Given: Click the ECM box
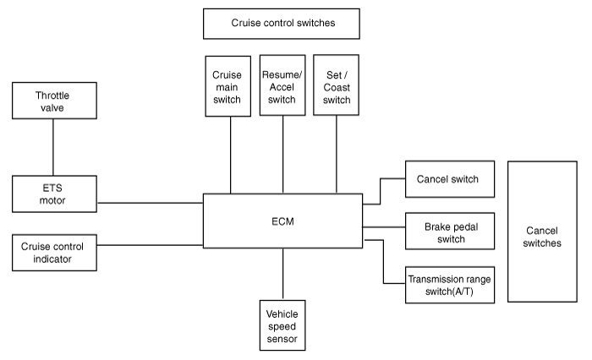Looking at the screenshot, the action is click(282, 221).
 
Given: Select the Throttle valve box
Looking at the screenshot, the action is click(54, 101).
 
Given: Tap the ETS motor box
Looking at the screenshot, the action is click(54, 194).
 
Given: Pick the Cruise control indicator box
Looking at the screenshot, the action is click(54, 253).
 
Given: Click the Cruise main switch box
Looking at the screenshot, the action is click(228, 86).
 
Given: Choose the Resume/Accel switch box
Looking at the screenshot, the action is click(282, 85).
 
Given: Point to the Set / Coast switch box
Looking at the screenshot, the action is click(336, 85).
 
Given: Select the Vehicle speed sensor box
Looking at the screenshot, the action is click(282, 325).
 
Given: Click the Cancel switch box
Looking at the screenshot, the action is click(450, 179).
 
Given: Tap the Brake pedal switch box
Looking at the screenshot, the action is click(450, 231).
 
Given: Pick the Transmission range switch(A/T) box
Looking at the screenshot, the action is click(450, 285).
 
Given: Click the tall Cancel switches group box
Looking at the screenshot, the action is click(542, 232).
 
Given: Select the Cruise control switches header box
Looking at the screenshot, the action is click(282, 24).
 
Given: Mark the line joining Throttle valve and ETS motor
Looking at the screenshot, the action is click(52, 147).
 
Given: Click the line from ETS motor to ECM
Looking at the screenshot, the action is click(150, 203).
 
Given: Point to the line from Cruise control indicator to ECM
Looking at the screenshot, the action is click(150, 245).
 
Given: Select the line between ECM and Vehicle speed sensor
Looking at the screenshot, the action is click(282, 274).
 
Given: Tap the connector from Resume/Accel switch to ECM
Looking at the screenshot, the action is click(282, 155).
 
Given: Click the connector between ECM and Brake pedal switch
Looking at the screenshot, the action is click(384, 227).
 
